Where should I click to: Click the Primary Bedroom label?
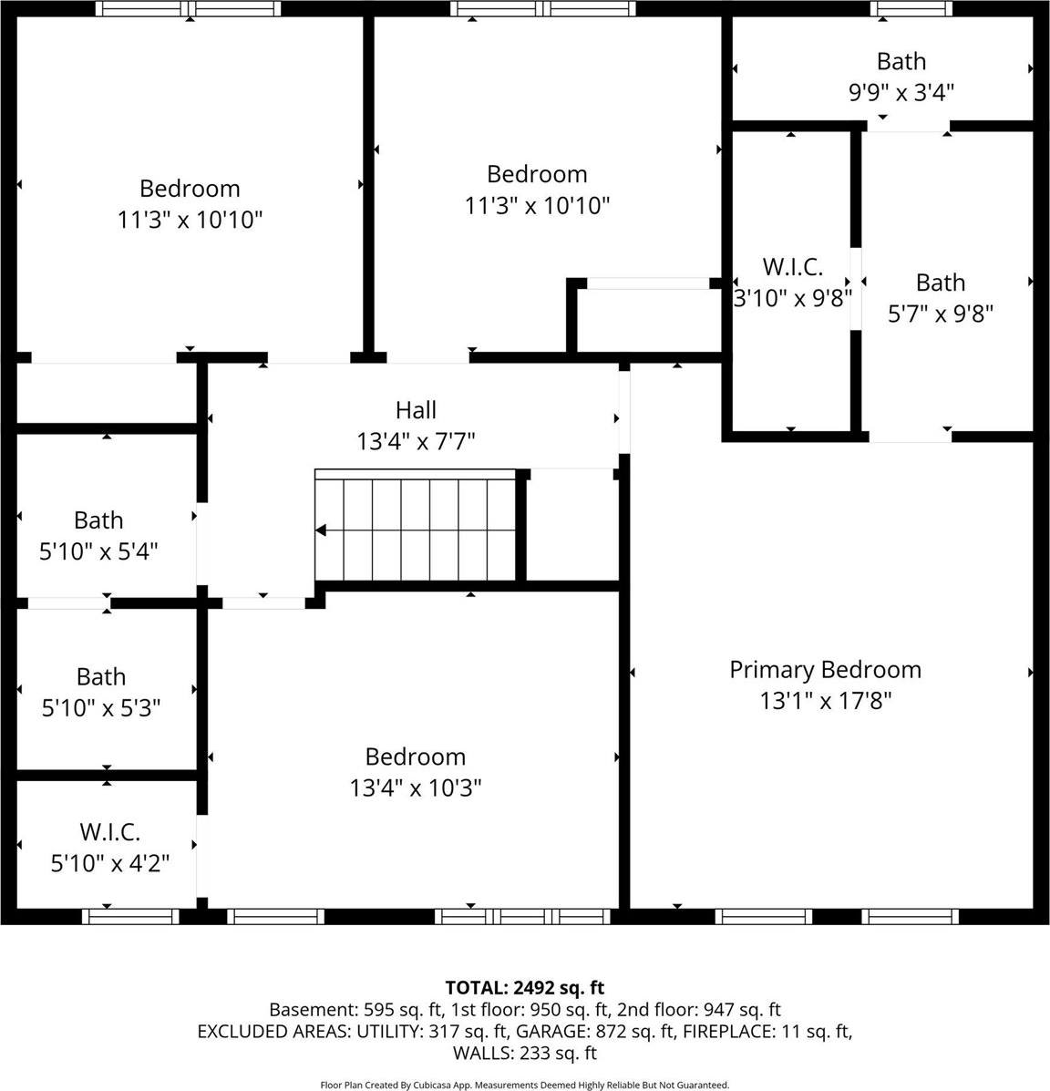[x=825, y=670]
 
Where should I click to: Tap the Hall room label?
[x=416, y=410]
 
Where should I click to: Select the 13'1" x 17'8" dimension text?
[x=825, y=701]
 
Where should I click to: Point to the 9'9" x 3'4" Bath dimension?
[x=901, y=92]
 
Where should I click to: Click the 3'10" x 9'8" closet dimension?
[x=793, y=297]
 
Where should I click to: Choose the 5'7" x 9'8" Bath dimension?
[x=940, y=314]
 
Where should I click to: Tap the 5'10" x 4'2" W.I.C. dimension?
[x=109, y=862]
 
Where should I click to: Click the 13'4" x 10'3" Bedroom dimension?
[x=415, y=787]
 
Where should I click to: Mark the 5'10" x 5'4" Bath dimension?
[x=98, y=551]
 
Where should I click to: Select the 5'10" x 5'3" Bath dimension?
[x=101, y=708]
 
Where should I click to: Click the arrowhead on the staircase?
[x=321, y=530]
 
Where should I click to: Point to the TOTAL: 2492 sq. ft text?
[x=524, y=987]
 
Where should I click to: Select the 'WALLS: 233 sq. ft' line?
[x=524, y=1054]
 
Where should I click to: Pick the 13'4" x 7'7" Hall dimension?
[x=416, y=442]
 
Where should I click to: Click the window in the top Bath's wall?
[x=911, y=9]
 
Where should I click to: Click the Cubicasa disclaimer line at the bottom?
[x=524, y=1085]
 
